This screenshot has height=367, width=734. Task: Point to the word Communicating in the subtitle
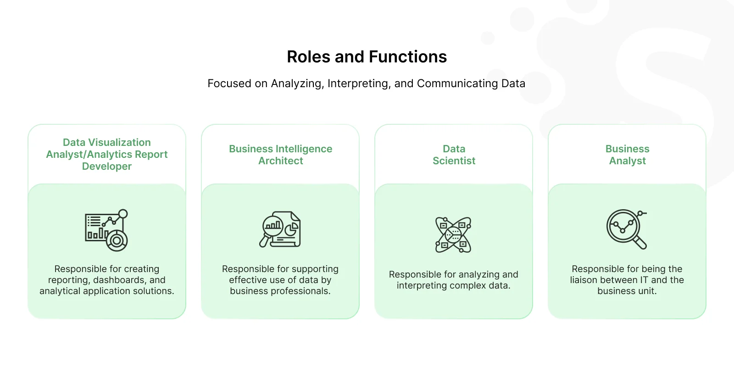coord(457,83)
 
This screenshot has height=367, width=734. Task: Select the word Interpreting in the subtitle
coord(359,83)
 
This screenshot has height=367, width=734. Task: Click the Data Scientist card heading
coord(454,155)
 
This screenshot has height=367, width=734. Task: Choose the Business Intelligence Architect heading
coord(280,155)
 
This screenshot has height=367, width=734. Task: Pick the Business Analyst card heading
coord(627,155)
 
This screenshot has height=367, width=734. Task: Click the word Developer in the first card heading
coord(107,166)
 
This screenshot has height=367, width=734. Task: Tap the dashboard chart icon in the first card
coord(106,230)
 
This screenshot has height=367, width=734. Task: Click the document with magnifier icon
coord(280,229)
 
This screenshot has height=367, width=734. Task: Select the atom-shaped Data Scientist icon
coord(453,234)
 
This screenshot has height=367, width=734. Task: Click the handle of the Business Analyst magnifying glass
coord(640,243)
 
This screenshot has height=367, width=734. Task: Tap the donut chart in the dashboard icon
coord(117,241)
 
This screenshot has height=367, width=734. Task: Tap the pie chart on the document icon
coord(291,229)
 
